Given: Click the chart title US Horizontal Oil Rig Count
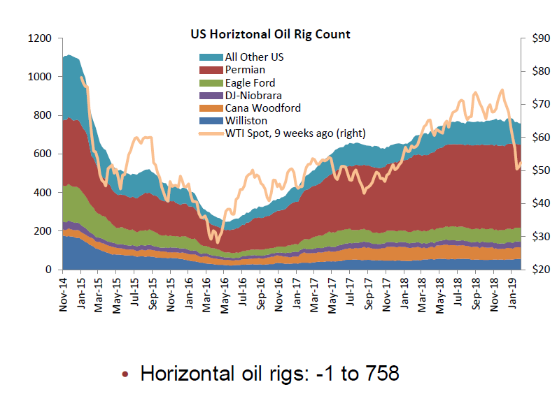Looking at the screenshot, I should click(271, 34).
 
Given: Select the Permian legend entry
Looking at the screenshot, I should click(244, 70).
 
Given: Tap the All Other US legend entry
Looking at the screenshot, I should click(255, 57).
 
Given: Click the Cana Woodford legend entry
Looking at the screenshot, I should click(262, 108).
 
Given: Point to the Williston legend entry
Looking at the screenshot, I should click(244, 120).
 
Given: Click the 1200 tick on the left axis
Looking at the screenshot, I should click(38, 38).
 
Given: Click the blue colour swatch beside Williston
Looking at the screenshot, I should click(211, 121).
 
